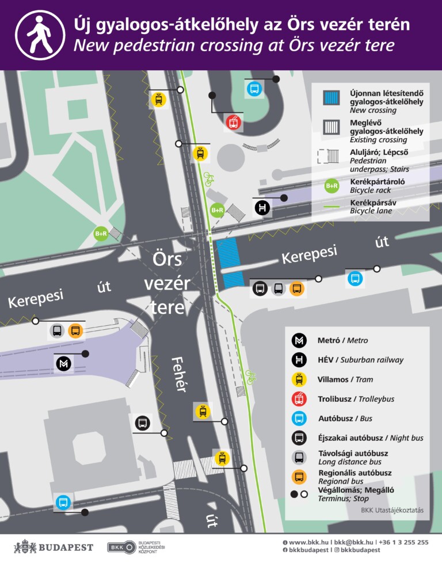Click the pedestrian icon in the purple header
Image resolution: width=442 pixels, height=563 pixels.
coord(40,35)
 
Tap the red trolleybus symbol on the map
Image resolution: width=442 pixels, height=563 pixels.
coord(233,122)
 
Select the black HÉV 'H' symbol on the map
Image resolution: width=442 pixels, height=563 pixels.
coord(262,208)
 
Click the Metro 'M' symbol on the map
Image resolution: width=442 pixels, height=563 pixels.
coord(63,364)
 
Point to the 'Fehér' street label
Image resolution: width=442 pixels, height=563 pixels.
coord(179,374)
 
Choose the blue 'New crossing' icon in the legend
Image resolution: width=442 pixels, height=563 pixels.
coord(331,98)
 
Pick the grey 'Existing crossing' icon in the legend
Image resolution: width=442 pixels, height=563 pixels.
coord(331,127)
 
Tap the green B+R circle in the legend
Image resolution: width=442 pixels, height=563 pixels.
coord(331,185)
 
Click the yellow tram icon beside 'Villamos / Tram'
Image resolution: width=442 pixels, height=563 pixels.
coord(299,379)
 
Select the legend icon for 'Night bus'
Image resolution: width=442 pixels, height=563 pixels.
coord(299,438)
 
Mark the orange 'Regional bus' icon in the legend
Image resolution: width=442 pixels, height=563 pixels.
coord(299,477)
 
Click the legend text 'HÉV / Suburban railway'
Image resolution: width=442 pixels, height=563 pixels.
coord(360,360)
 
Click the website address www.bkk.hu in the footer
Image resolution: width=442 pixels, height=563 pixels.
coord(308,542)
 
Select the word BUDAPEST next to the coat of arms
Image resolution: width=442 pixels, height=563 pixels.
coord(66,547)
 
